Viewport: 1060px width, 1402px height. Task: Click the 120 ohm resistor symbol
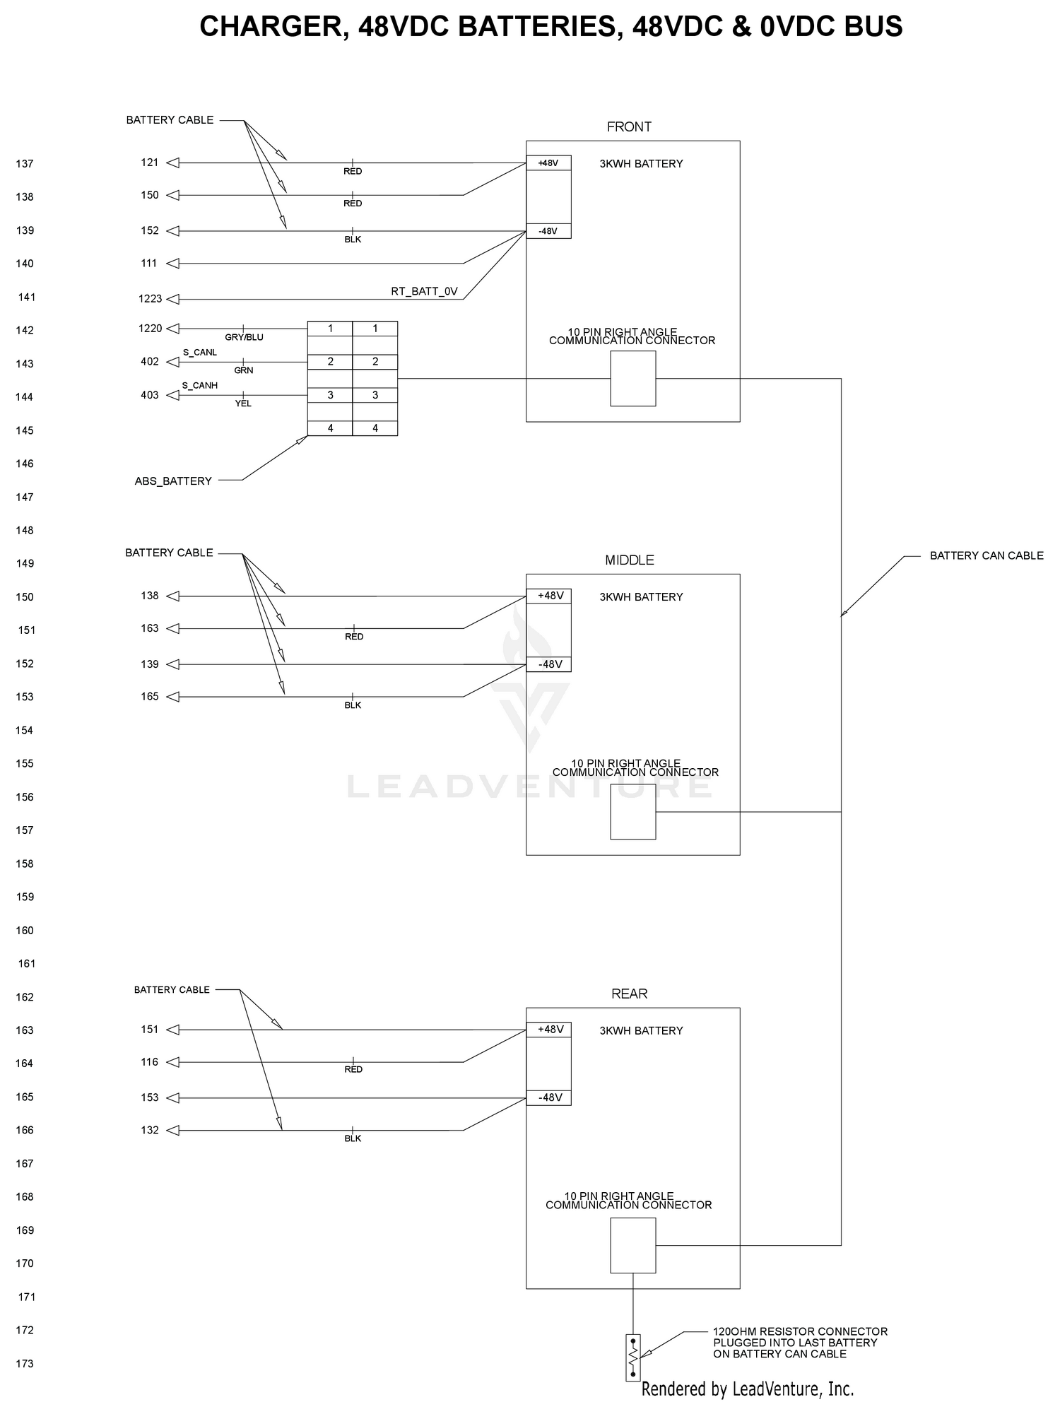click(632, 1357)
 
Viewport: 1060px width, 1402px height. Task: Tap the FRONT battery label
click(629, 127)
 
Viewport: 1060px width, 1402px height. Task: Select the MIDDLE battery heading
click(630, 560)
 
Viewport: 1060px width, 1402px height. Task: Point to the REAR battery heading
click(630, 994)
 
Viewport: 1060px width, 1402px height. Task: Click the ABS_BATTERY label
click(173, 481)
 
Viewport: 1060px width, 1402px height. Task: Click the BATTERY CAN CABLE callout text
click(987, 556)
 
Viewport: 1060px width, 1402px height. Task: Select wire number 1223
click(151, 299)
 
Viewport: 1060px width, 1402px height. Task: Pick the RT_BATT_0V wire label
click(425, 291)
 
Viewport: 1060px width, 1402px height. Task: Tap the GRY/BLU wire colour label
click(244, 338)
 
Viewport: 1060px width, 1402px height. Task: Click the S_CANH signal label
click(200, 385)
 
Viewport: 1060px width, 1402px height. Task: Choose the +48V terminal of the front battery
click(548, 163)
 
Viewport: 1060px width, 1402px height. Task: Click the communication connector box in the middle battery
click(633, 812)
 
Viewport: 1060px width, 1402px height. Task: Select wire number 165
click(150, 697)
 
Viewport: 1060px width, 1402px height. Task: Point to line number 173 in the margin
click(25, 1364)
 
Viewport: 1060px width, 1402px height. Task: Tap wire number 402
click(150, 362)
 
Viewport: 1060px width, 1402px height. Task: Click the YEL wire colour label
click(243, 403)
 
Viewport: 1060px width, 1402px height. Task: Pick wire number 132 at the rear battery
click(150, 1130)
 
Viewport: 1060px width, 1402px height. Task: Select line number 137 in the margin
click(25, 164)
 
